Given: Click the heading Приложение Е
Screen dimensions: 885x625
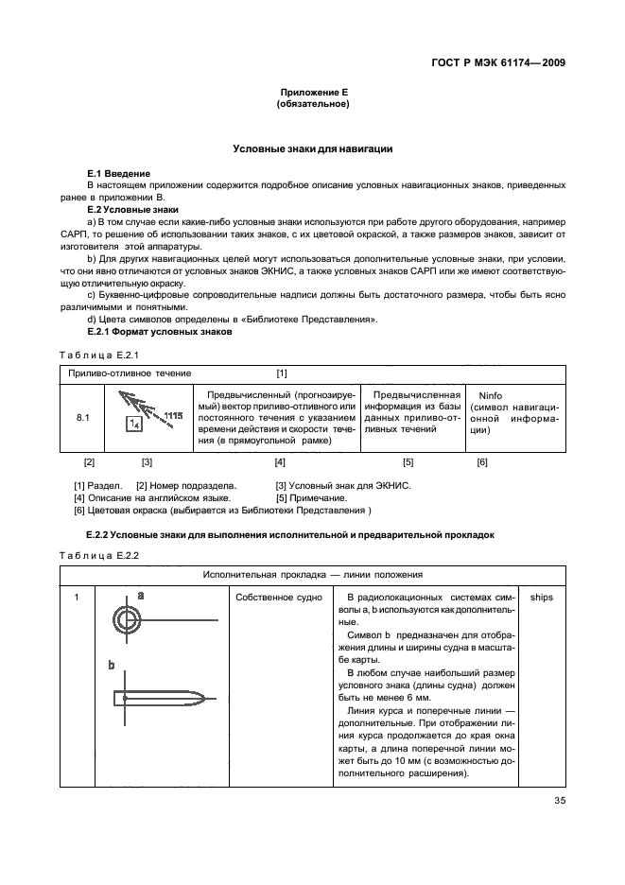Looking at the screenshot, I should click(x=313, y=92).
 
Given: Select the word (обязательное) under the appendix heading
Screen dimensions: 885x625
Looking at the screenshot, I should click(x=313, y=104).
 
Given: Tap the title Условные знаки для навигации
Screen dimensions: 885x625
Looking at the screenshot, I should click(x=313, y=149).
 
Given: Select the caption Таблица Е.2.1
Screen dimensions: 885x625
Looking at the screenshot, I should click(x=99, y=355).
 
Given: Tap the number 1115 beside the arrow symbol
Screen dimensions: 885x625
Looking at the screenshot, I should click(x=172, y=415).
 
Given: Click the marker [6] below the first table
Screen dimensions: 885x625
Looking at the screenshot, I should click(x=481, y=462).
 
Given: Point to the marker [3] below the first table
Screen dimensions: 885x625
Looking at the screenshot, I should click(x=147, y=462).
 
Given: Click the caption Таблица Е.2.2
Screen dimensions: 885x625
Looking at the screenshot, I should click(x=99, y=554).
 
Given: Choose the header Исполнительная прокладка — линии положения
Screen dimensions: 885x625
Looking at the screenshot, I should click(x=312, y=574).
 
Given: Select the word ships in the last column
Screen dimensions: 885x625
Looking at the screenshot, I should click(x=542, y=598).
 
